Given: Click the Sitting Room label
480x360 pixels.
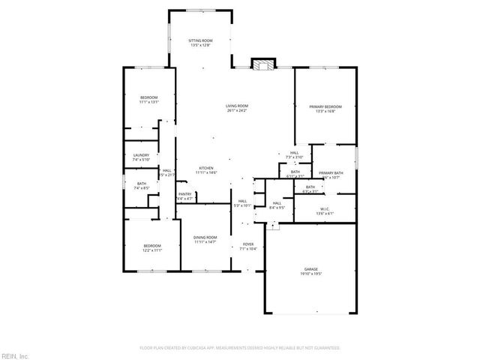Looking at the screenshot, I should [200, 40].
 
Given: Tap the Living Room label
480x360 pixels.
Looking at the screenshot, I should [237, 106].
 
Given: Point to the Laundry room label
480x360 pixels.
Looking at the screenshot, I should [141, 155].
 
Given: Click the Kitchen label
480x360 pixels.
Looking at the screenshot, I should [206, 167].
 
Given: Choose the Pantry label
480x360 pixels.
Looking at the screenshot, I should [184, 194].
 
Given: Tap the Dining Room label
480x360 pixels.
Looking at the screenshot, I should [205, 237].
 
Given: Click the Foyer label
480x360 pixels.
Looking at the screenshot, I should [247, 244].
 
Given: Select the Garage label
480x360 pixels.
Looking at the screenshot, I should [311, 268].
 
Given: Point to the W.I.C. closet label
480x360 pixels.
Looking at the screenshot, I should [325, 208].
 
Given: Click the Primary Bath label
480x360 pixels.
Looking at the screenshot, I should [331, 173].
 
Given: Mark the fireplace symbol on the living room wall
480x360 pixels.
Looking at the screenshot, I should [261, 64].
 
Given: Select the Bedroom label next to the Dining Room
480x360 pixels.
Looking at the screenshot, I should [152, 245].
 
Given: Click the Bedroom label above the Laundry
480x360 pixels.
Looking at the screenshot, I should [149, 98].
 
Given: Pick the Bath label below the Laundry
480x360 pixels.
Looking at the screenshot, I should [141, 183].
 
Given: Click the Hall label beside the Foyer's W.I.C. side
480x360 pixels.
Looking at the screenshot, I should [277, 203].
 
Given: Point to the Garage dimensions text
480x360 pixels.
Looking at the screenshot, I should [311, 274].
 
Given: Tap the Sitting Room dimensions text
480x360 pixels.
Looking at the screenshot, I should [200, 45].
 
